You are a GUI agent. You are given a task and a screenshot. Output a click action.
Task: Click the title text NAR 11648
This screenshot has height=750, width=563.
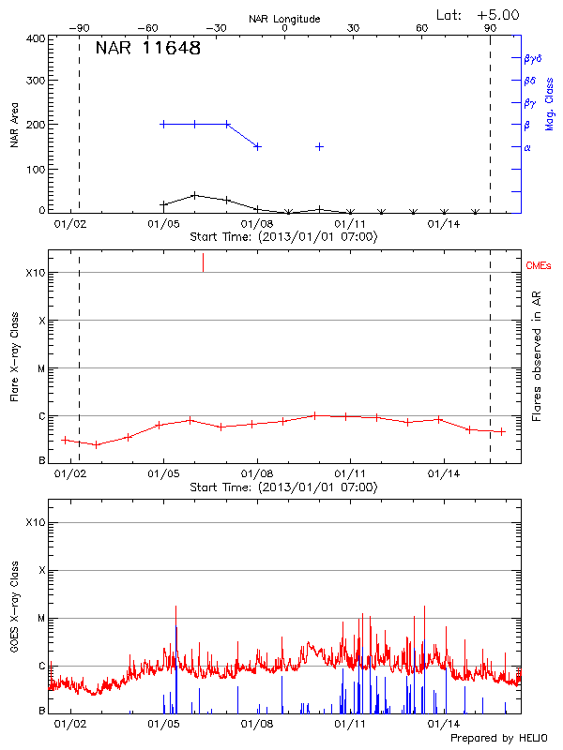(x=147, y=49)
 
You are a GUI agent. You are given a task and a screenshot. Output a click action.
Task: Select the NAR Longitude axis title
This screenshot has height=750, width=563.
(x=284, y=19)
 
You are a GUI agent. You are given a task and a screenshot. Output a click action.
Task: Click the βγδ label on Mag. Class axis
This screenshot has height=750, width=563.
(x=532, y=58)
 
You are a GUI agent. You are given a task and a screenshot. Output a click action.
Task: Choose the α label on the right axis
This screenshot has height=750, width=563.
(x=527, y=147)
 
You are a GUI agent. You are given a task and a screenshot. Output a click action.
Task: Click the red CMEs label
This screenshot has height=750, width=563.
(x=540, y=266)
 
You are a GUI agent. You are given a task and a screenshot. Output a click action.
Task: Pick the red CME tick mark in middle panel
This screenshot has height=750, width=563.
(x=203, y=262)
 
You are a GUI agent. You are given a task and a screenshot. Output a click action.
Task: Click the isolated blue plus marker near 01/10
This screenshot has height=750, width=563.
(x=320, y=146)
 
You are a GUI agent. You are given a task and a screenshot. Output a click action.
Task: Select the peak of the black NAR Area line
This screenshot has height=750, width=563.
(x=194, y=195)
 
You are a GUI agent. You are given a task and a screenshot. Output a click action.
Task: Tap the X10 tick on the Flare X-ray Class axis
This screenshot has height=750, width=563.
(x=36, y=273)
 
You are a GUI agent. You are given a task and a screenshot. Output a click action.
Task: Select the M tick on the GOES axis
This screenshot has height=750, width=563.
(x=41, y=619)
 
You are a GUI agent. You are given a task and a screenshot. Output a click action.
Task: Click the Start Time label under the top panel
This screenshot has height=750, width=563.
(x=284, y=237)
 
